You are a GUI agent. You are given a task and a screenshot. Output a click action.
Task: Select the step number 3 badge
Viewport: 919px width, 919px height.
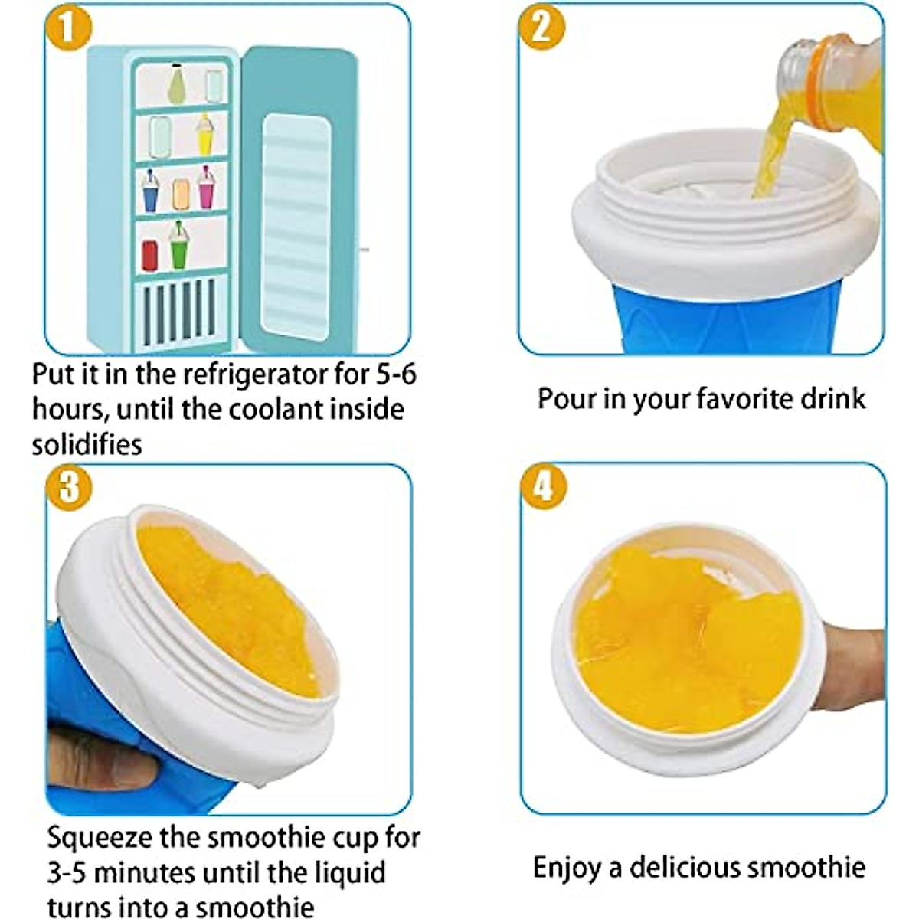point(69,486)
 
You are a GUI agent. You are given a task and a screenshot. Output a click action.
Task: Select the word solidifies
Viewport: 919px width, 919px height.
point(87,444)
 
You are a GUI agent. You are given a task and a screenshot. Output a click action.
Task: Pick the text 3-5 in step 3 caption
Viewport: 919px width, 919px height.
point(67,873)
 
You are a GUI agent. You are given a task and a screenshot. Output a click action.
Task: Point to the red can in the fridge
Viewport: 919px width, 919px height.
point(150,255)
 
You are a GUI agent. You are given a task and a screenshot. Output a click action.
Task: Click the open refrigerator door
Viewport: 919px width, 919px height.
point(299,199)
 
